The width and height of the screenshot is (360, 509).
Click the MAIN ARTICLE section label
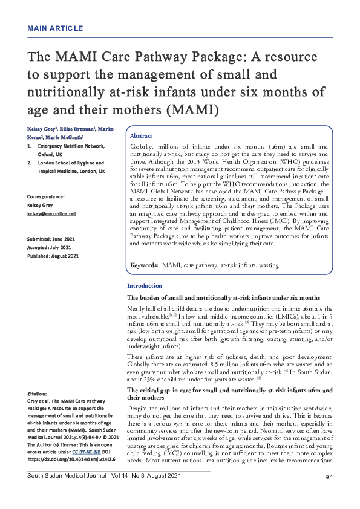pos(54,28)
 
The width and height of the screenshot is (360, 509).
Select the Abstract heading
pos(142,136)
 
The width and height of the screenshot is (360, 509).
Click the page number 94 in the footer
pos(329,495)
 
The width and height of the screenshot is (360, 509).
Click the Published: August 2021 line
pos(53,256)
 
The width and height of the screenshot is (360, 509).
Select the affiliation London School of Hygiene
pos(69,163)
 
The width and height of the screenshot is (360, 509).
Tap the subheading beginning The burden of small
pos(223,298)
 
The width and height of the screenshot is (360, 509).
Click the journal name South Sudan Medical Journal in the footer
pos(64,495)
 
